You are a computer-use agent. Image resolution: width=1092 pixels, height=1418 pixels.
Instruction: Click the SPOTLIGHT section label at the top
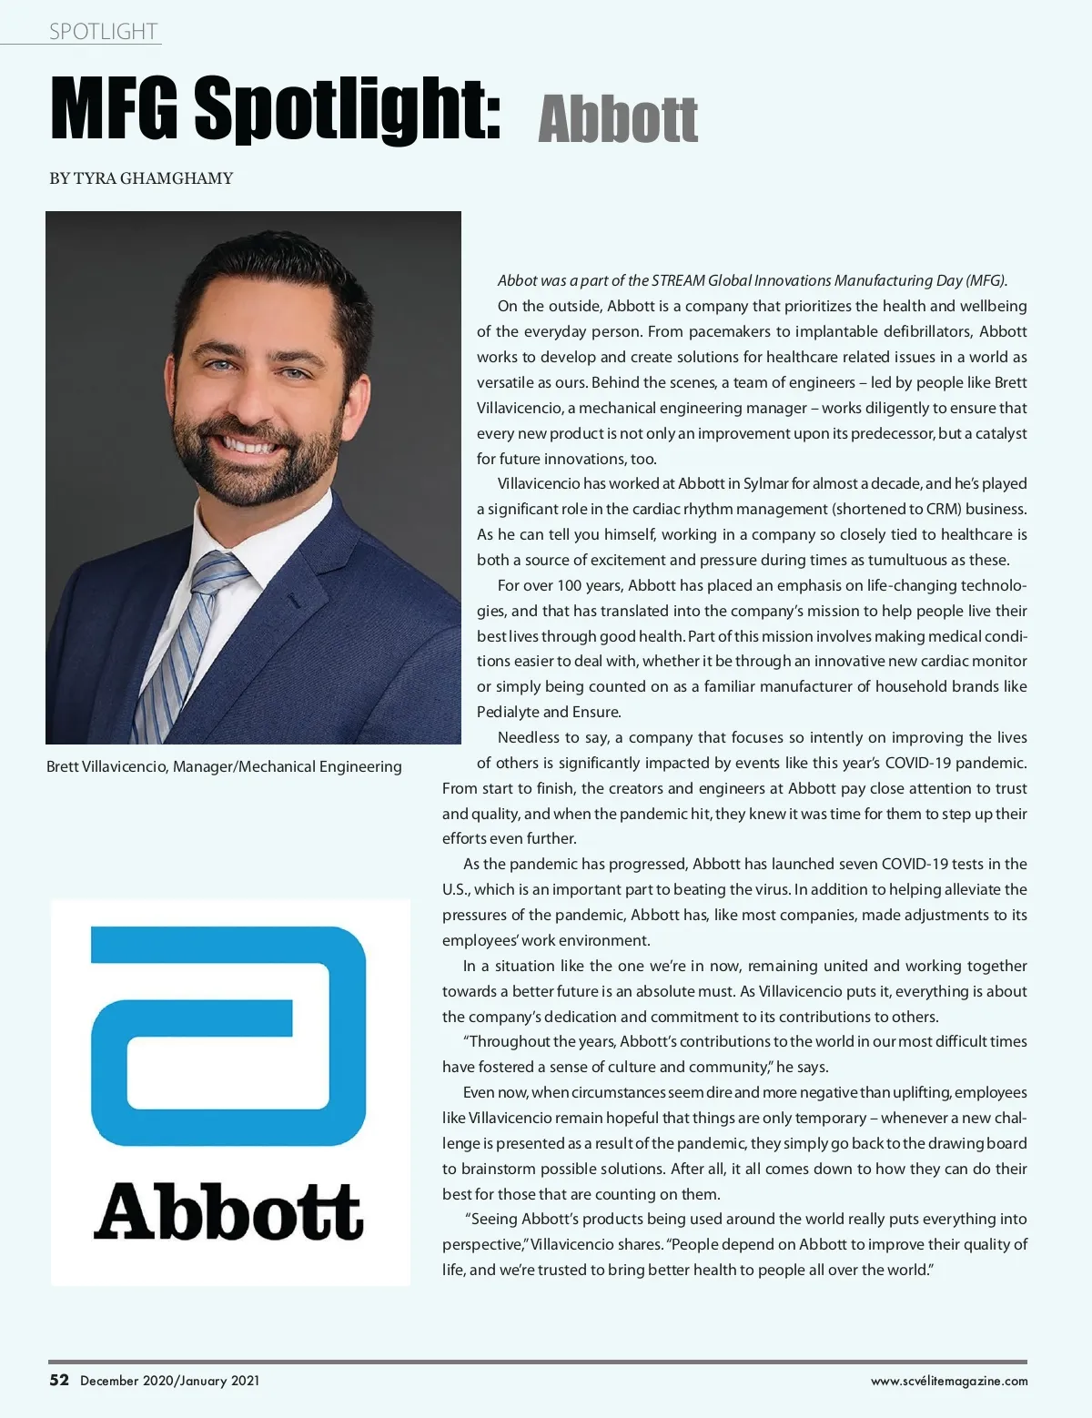point(103,32)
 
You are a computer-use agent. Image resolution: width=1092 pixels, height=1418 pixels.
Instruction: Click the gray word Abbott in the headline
point(618,119)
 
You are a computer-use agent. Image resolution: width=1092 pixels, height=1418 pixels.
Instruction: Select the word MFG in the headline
point(115,109)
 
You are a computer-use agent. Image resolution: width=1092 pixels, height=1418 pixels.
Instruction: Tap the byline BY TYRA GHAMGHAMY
point(141,178)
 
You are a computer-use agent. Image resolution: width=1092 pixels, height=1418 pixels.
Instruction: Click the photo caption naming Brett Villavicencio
point(224,766)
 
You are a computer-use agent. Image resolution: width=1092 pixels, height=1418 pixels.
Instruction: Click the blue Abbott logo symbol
point(228,1035)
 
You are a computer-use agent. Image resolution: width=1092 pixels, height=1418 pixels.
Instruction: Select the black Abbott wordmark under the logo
point(228,1211)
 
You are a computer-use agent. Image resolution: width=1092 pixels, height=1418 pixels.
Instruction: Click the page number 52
point(59,1380)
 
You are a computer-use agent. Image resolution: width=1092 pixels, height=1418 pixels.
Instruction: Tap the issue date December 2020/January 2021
point(170,1381)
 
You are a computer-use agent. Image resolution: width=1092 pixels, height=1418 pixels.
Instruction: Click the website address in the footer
point(949,1381)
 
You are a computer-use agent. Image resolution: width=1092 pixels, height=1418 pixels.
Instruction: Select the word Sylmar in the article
point(765,483)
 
